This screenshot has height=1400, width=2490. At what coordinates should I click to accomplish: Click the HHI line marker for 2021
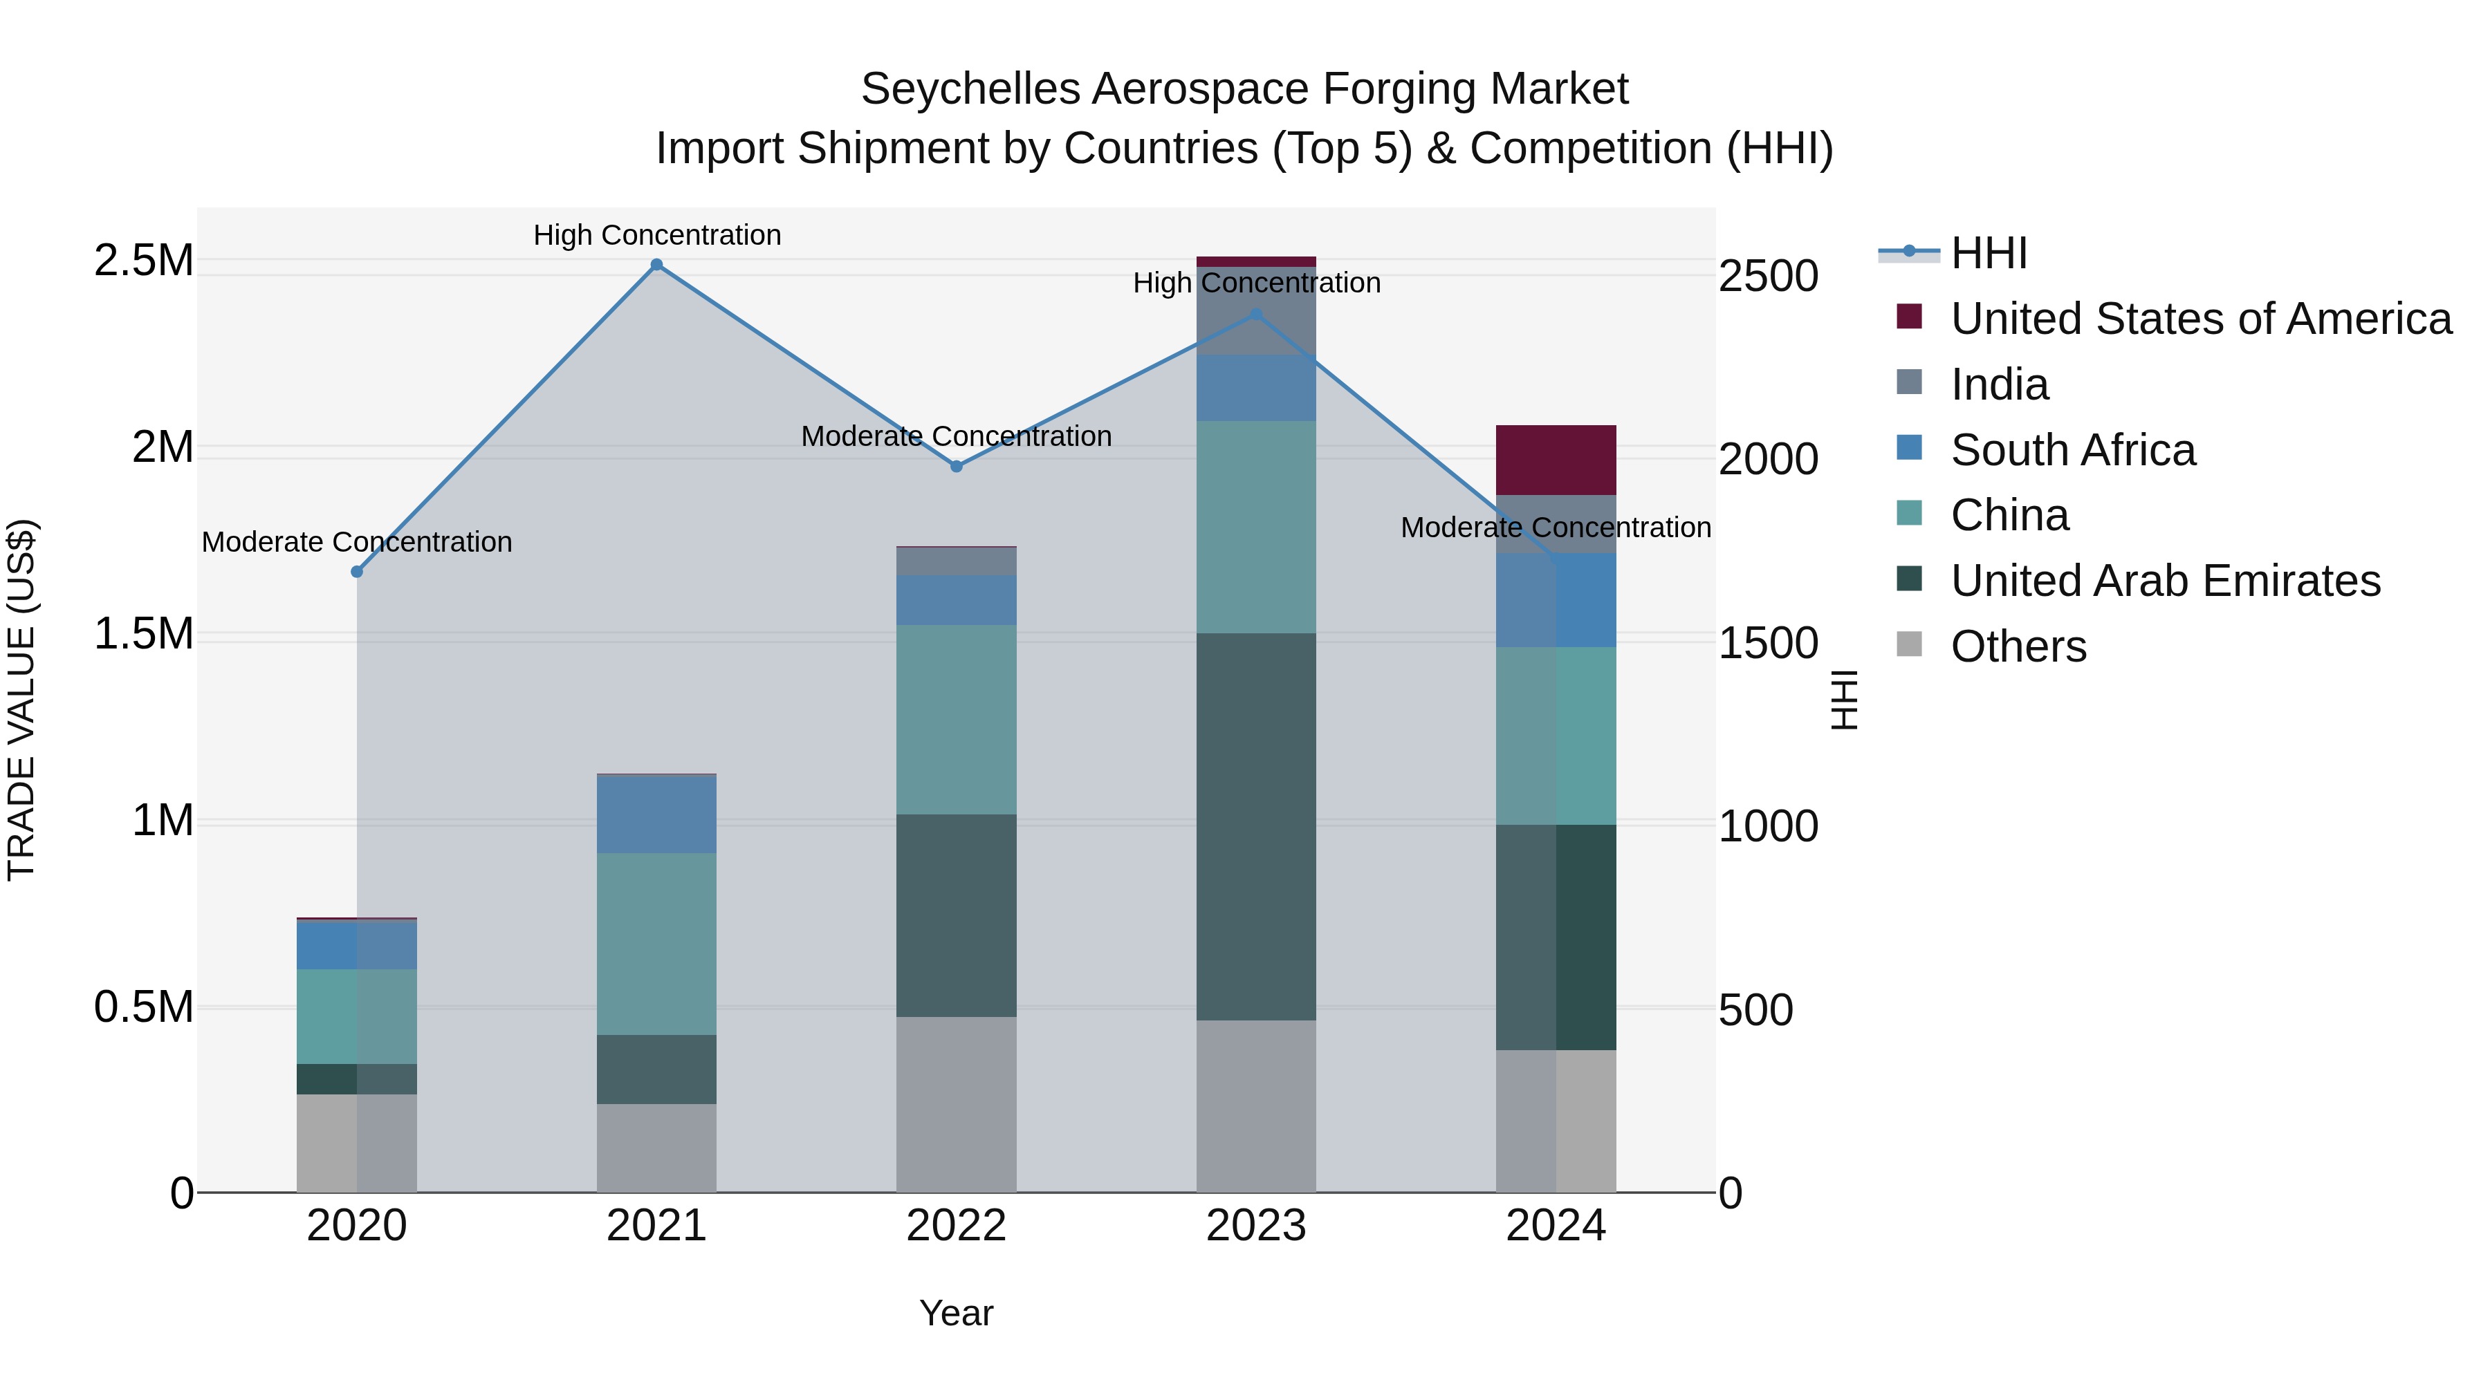pos(656,265)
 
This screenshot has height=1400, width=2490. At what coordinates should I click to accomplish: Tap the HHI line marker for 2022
pos(956,467)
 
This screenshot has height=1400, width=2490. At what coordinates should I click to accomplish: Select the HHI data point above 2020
pos(357,572)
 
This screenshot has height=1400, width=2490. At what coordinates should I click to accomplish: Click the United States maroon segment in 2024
pos(1556,460)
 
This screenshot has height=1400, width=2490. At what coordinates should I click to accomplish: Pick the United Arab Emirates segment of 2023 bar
pos(1255,827)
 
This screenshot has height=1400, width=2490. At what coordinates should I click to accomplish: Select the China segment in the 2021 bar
pos(656,944)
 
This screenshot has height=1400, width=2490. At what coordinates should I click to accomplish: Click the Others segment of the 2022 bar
pos(956,1104)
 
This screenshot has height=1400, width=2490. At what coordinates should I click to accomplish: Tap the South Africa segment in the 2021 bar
pos(656,814)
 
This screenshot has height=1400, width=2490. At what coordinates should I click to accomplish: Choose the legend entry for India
pos(1999,384)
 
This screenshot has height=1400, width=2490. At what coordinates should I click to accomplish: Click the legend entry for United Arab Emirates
pos(2165,581)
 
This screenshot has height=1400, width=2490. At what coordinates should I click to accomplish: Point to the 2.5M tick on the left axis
pos(143,261)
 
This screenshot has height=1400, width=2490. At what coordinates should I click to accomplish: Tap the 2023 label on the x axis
pos(1255,1226)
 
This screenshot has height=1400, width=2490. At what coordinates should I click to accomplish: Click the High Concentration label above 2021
pos(657,235)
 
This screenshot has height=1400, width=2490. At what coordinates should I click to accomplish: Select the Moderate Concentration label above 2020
pos(357,542)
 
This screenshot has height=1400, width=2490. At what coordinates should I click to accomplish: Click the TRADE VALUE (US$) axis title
pos(21,700)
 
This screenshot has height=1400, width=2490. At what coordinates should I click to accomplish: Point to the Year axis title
pos(956,1313)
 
